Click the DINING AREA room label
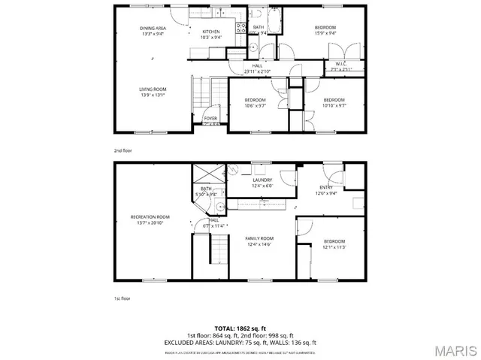[x=152, y=29]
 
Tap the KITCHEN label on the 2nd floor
[x=210, y=32]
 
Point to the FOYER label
[x=210, y=118]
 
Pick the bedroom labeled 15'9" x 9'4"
[x=325, y=29]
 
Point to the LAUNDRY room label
[x=262, y=180]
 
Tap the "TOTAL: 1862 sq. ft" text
[x=240, y=328]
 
